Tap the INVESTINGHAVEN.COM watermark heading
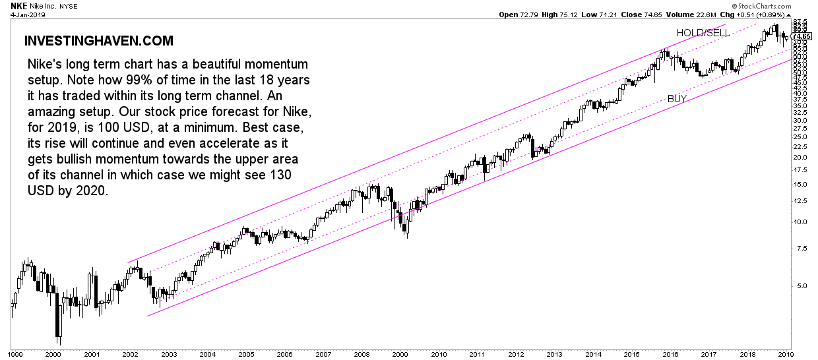[99, 41]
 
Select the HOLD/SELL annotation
[703, 32]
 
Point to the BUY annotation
[677, 99]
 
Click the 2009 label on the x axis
[400, 354]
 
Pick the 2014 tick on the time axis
[594, 354]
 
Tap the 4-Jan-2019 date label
[21, 14]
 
